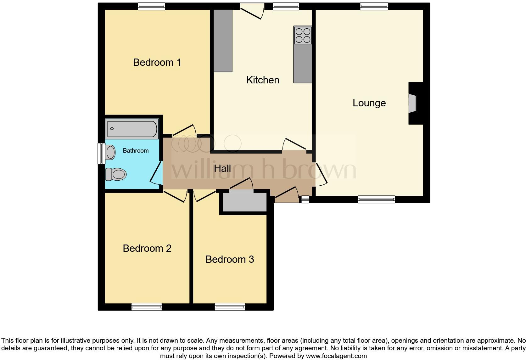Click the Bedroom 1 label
157,62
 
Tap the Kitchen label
263,80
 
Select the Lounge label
369,103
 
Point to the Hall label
222,168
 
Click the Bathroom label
136,151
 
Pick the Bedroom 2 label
147,248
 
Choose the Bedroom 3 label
230,259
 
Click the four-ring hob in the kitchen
303,35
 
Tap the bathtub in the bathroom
132,129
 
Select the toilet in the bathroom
116,174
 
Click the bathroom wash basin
110,152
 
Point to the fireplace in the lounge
412,103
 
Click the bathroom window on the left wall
101,154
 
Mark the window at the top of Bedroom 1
151,6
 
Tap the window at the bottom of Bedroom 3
230,307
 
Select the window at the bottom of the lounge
376,199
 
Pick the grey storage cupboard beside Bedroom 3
244,202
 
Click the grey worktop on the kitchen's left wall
223,40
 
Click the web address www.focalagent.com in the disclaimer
336,356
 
